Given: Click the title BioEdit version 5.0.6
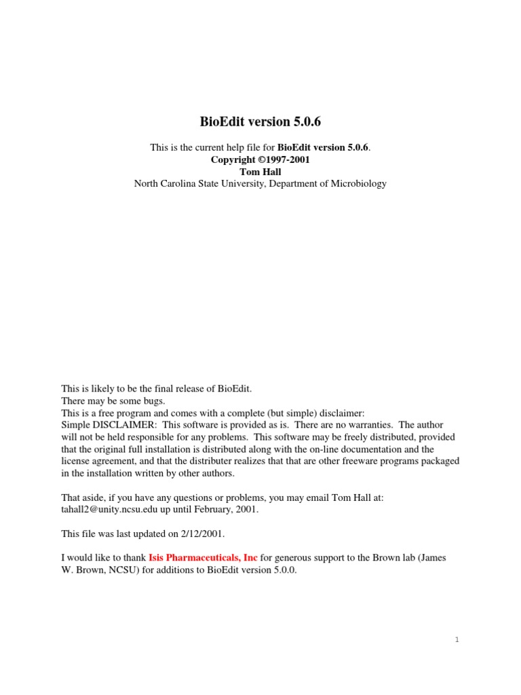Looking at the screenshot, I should [260, 123].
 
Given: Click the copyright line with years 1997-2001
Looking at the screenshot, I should [260, 159].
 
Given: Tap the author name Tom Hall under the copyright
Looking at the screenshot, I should [260, 172].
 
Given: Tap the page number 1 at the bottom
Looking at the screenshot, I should [457, 640].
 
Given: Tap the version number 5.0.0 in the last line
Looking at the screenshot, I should [283, 570].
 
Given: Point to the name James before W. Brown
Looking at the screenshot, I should [431, 558].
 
